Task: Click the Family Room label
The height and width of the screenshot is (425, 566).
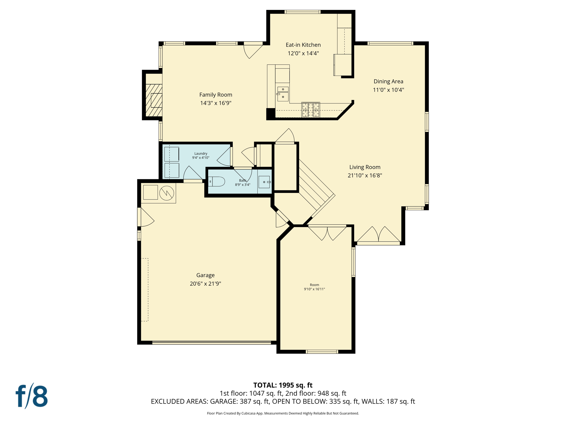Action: click(x=216, y=95)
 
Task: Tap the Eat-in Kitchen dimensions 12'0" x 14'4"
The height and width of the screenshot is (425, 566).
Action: click(x=303, y=53)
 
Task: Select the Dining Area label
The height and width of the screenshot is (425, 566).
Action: click(x=388, y=81)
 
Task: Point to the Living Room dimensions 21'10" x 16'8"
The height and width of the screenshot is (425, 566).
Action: click(x=365, y=175)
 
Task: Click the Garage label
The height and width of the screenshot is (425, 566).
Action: click(x=205, y=275)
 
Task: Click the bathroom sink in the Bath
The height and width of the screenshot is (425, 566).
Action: click(x=264, y=182)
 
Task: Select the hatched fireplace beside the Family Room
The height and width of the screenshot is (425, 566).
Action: click(x=154, y=100)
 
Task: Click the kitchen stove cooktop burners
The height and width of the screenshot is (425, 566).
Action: click(x=311, y=110)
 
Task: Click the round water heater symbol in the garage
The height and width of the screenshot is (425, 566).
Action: click(x=167, y=193)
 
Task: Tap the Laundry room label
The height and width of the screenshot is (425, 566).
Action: click(x=201, y=154)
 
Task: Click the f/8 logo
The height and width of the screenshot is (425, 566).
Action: click(x=32, y=396)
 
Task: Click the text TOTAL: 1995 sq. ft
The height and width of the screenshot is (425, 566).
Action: click(x=283, y=385)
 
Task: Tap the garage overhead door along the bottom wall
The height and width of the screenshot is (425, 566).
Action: click(x=211, y=343)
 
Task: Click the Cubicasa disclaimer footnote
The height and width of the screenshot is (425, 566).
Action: click(x=283, y=413)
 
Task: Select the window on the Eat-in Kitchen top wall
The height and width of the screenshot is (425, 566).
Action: click(x=302, y=12)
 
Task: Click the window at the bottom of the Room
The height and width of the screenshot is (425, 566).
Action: click(x=322, y=352)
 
